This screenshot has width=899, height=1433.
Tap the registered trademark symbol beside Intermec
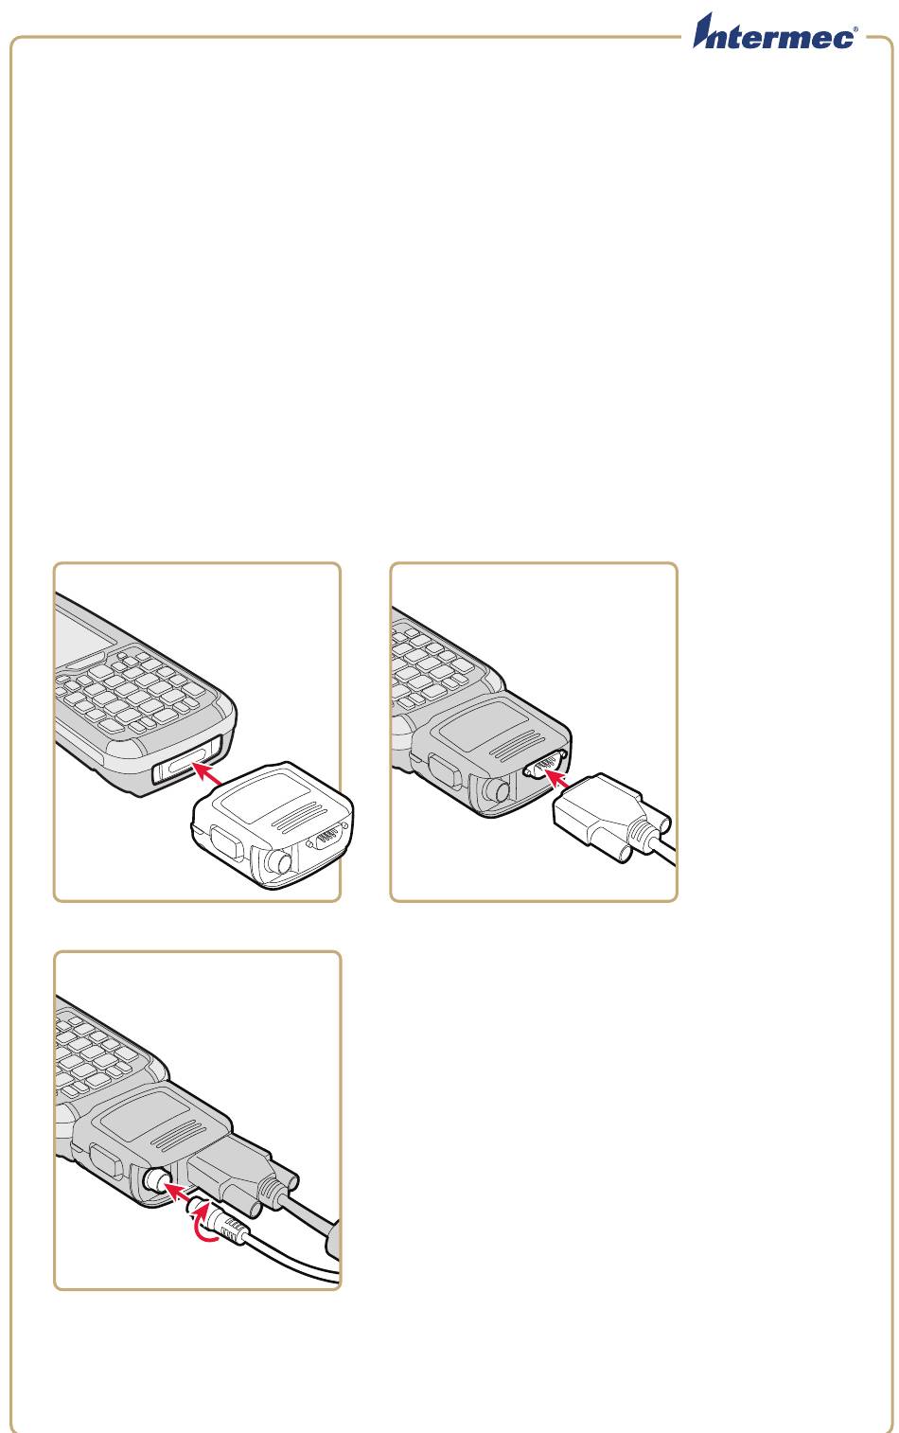coord(855,29)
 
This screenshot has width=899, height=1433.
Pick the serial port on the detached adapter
coord(326,837)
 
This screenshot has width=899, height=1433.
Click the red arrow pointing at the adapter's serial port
coord(557,778)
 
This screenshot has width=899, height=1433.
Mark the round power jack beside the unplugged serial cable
coord(497,790)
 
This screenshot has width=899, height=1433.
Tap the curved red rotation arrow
coord(206,1225)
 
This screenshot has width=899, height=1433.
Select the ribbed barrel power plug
coord(218,1222)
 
